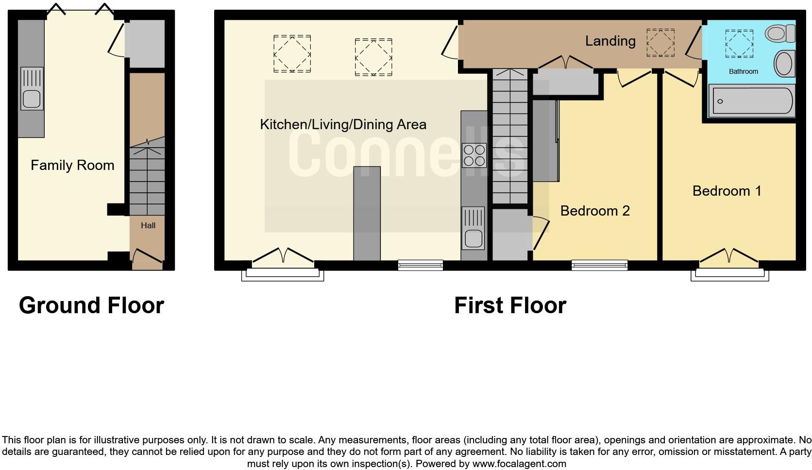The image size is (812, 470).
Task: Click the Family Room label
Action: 72,165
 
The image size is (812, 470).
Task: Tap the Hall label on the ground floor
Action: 148,225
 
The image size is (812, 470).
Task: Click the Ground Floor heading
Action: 91,305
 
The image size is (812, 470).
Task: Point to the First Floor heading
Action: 510,305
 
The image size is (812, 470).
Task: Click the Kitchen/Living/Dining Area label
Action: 343,124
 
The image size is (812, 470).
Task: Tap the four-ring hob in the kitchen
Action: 474,155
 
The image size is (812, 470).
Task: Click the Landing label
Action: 610,41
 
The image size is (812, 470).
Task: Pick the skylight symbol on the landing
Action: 660,43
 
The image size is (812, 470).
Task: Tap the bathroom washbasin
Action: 784,64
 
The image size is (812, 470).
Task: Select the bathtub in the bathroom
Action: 751,101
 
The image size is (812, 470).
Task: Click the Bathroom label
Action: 743,71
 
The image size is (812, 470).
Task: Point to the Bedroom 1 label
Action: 727,191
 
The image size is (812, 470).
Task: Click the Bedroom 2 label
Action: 594,211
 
